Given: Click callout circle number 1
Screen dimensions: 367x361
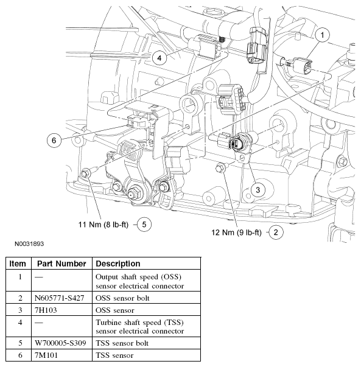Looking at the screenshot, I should coord(323,35).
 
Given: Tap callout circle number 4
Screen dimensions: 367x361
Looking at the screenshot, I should coord(159,58).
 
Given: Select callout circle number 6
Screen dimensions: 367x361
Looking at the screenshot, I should coord(54,140).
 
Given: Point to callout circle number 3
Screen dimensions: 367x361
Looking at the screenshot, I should coord(258,190).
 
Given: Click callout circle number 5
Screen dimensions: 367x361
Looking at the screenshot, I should coord(144,224).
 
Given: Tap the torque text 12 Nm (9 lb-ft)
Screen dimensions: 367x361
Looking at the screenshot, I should coord(236,232).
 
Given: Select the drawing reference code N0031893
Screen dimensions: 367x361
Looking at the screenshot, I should coord(26,243).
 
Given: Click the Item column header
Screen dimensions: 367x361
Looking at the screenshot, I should coord(18,264).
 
